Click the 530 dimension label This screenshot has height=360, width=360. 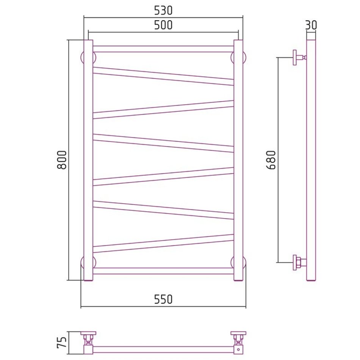(x=163, y=10)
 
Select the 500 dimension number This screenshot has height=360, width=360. (x=163, y=25)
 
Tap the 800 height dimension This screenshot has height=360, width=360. (x=62, y=160)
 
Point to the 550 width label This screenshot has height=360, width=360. (x=163, y=299)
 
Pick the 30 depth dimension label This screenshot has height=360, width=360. (x=311, y=25)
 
